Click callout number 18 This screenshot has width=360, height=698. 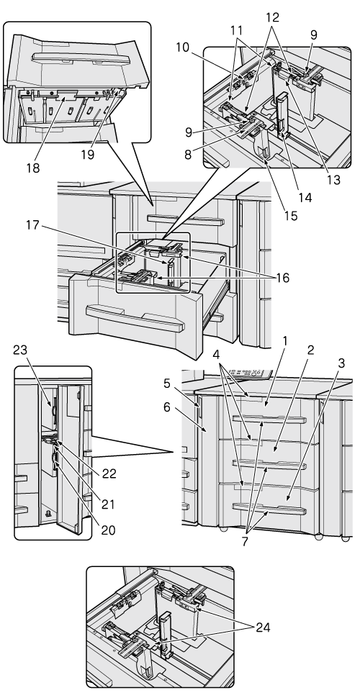coord(33,168)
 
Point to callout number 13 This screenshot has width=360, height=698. coord(333,180)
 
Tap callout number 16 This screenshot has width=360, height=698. coord(282,278)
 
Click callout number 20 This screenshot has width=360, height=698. coord(108,530)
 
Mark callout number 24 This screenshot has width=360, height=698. coord(262,627)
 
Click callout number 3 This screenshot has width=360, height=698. coord(341,363)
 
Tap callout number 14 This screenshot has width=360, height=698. coord(305,197)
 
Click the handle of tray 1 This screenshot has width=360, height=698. coord(269,420)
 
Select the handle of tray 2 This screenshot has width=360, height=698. coord(269,464)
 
